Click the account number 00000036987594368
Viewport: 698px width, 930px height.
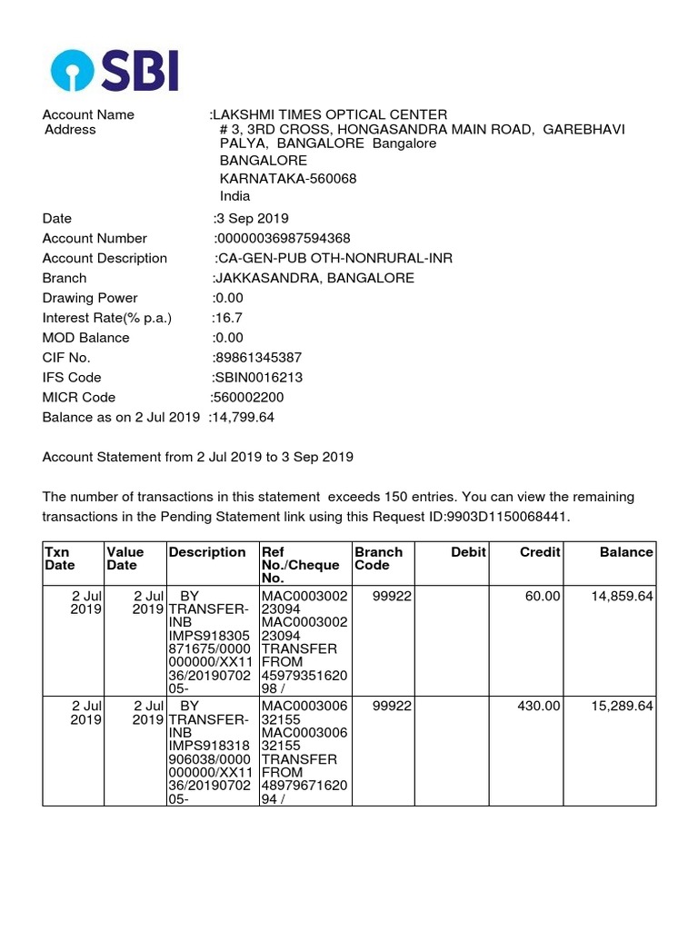tap(283, 238)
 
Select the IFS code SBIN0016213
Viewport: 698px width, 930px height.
tap(259, 377)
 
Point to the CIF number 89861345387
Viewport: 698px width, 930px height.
tap(258, 357)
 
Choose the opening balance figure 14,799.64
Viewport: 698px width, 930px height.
tap(244, 417)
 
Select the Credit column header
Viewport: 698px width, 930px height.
tap(540, 552)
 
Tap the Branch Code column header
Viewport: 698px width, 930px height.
tap(378, 559)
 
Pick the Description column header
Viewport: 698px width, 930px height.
tap(207, 552)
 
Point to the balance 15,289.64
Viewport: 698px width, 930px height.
tap(622, 706)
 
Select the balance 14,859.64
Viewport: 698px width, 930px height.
tap(622, 596)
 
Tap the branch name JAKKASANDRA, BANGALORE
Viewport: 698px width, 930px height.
tap(314, 278)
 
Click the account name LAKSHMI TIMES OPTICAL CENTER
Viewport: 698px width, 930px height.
tap(331, 114)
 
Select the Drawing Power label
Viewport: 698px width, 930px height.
tap(90, 298)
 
